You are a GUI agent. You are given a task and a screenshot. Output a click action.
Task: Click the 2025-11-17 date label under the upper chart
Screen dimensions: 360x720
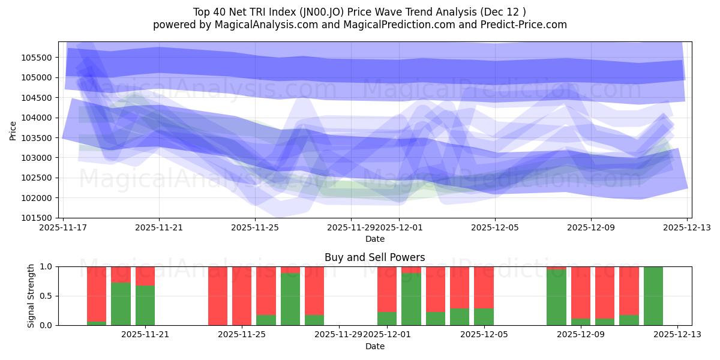pos(64,227)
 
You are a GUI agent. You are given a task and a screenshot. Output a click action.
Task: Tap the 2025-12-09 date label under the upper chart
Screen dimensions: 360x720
pos(590,227)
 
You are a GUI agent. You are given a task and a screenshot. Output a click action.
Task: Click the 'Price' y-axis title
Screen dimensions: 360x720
pos(13,130)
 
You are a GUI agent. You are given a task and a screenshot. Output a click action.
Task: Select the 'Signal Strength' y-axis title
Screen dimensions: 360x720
pos(31,296)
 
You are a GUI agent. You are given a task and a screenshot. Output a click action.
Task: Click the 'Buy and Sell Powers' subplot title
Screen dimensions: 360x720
pos(374,257)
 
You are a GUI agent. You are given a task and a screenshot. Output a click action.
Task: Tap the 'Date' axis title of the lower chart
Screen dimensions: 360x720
pos(374,346)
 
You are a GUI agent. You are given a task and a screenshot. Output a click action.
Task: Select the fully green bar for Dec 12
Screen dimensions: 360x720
pos(653,296)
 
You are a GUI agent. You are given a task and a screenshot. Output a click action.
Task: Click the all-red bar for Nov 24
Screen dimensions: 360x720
pos(218,296)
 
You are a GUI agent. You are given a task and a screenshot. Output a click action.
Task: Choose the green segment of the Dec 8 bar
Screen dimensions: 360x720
pos(556,298)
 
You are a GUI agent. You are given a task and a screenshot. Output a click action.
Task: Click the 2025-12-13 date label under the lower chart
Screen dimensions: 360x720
pos(677,334)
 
